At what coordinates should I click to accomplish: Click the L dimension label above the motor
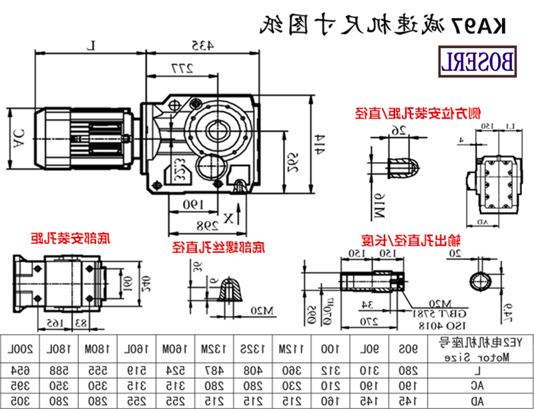pyautogui.click(x=93, y=45)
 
